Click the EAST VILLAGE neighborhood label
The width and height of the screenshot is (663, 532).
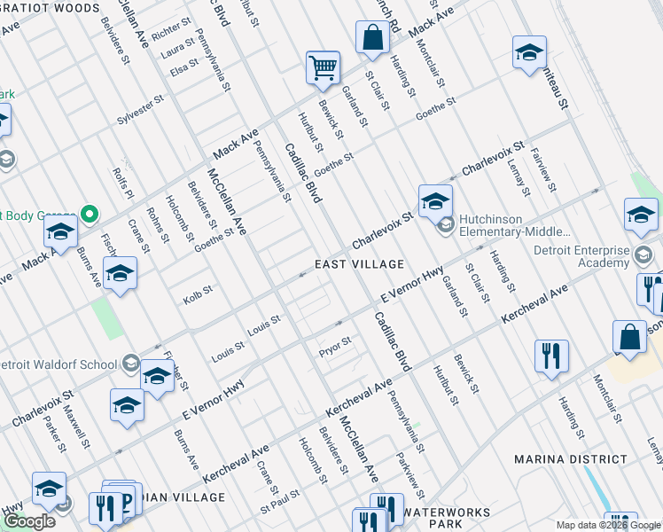point(359,264)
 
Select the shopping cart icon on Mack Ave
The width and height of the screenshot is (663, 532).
point(323,67)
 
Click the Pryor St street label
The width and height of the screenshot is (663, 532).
point(335,341)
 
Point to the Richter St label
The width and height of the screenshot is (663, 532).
point(171,31)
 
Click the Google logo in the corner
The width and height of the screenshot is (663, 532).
point(29,520)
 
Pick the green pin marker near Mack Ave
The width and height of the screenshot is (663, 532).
point(88,214)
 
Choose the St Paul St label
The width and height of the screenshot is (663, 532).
point(281,509)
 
